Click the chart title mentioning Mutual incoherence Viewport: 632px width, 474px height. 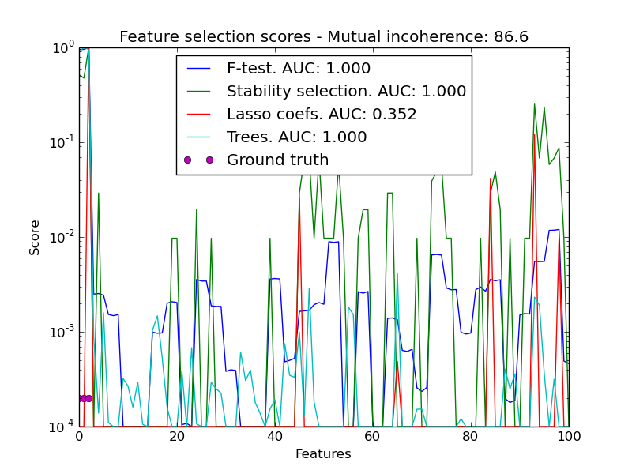click(324, 36)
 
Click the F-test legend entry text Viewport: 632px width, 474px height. click(299, 69)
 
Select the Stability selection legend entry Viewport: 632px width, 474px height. click(346, 92)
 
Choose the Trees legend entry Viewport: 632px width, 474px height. click(296, 137)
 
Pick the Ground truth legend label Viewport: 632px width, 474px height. click(277, 160)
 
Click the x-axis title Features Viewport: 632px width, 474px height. click(323, 454)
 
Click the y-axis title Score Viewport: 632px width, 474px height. click(35, 237)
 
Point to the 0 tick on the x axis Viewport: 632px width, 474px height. click(79, 437)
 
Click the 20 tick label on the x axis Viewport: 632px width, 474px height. click(177, 437)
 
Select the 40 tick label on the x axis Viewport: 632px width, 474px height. click(275, 437)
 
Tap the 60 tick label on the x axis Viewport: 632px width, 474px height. click(373, 437)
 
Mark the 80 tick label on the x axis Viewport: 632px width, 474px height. click(471, 437)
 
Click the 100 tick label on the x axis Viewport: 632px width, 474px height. click(569, 437)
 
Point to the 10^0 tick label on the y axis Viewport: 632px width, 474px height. click(62, 47)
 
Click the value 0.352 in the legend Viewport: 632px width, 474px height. click(394, 115)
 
